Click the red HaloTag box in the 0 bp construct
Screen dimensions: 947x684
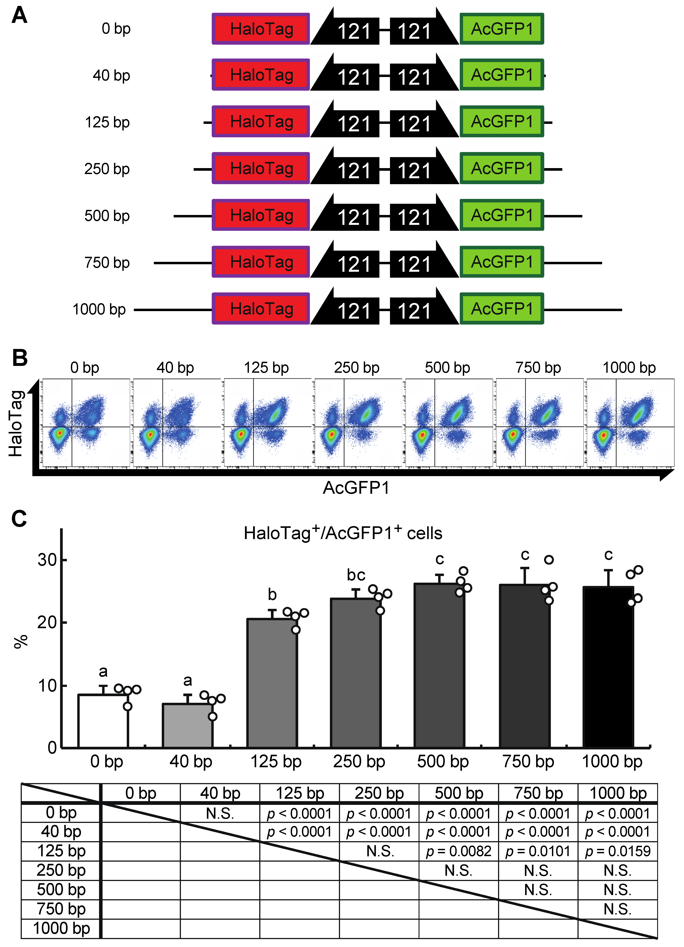[x=261, y=29]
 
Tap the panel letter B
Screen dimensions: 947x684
[x=20, y=358]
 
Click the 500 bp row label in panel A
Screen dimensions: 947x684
[x=107, y=216]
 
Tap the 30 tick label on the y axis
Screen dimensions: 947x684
[x=47, y=560]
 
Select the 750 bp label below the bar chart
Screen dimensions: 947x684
[x=528, y=761]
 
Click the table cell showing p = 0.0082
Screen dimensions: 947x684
[x=458, y=851]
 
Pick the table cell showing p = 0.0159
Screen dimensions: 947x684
[x=618, y=851]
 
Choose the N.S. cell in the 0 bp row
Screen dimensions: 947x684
[x=220, y=813]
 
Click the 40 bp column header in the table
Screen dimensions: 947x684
[x=220, y=793]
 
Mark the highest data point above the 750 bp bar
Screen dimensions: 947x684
[x=549, y=560]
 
